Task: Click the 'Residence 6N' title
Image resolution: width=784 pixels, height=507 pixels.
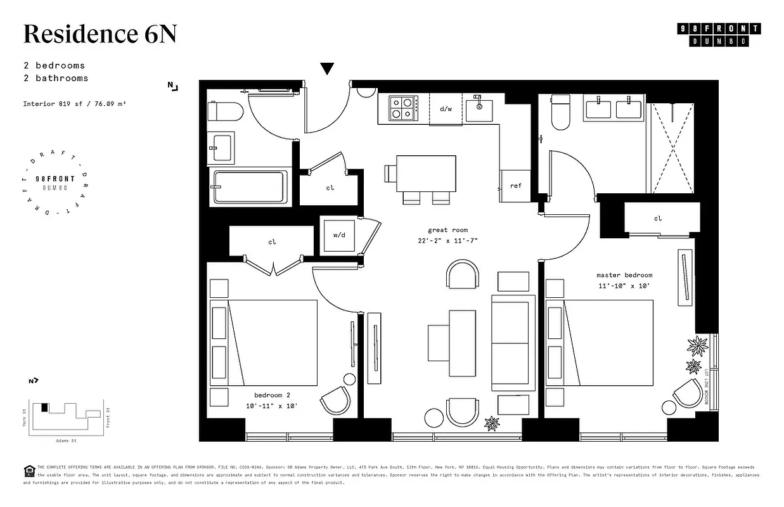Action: [x=100, y=34]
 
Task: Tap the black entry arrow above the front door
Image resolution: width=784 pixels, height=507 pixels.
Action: [x=327, y=68]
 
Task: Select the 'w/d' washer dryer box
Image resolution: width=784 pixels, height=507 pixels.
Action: [x=339, y=235]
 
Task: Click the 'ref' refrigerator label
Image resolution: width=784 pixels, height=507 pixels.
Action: [x=516, y=186]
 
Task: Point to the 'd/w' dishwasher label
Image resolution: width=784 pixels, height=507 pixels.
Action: [x=446, y=109]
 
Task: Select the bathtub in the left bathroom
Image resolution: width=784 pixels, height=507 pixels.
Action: [x=250, y=187]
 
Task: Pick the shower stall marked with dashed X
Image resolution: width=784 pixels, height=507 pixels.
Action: [x=673, y=144]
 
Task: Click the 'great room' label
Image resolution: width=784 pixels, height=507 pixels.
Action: [x=447, y=230]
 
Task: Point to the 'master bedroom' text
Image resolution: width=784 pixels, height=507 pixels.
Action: [x=624, y=275]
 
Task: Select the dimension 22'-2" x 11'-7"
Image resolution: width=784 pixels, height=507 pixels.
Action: [x=447, y=241]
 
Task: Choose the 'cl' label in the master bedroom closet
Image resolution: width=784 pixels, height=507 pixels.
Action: [x=658, y=219]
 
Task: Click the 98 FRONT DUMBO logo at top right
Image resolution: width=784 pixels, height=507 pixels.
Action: [x=719, y=35]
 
